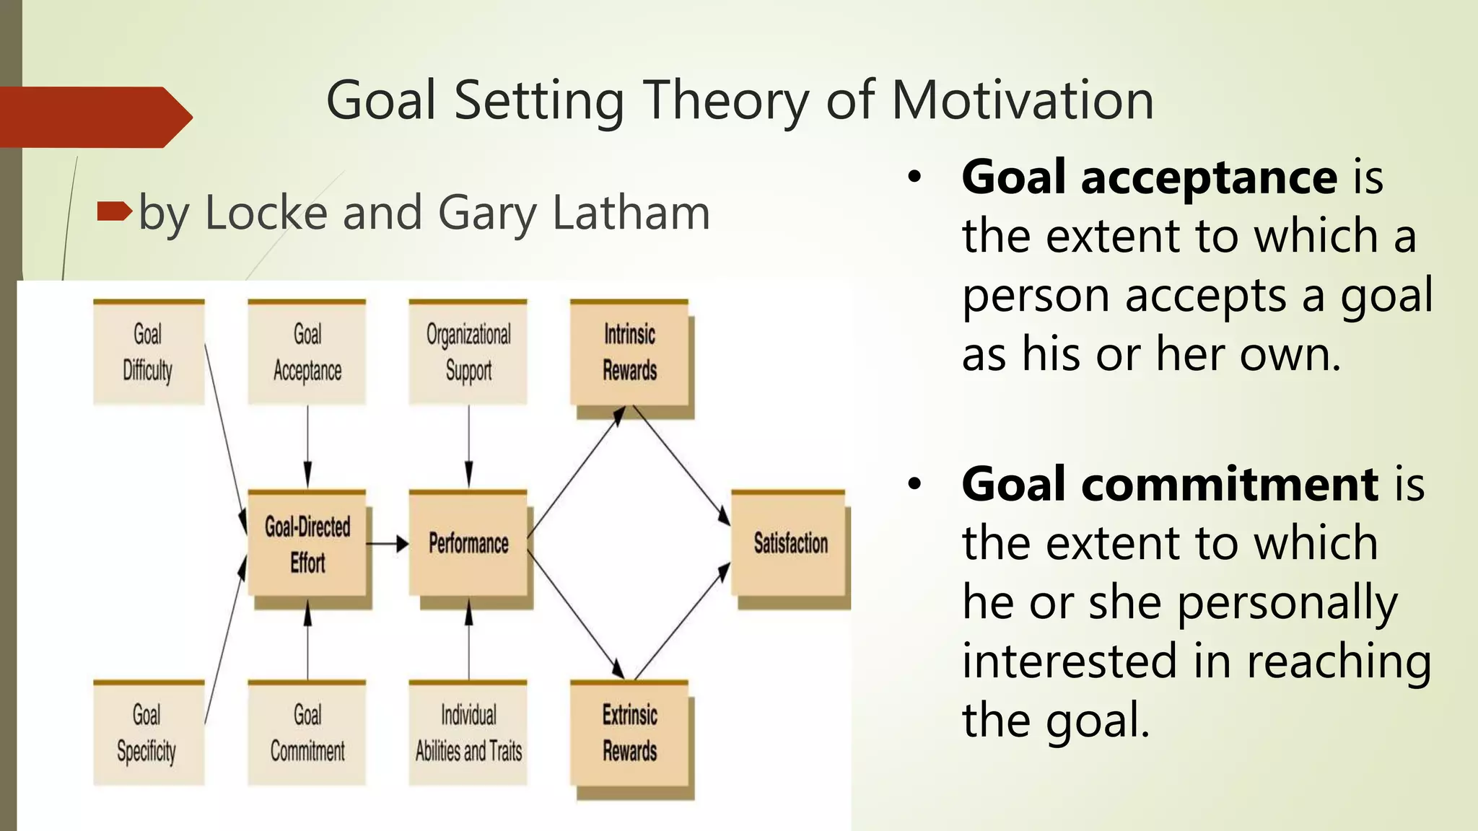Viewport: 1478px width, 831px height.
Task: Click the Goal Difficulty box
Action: point(149,352)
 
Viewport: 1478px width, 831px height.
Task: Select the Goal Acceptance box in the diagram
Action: point(307,352)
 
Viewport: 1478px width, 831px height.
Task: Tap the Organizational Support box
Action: point(468,352)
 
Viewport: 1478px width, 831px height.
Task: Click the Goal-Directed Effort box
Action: point(307,544)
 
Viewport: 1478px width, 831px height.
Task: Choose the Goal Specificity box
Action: point(148,732)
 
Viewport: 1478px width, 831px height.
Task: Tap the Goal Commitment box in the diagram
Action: point(307,732)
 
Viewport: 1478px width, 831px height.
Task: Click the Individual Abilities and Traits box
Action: point(468,732)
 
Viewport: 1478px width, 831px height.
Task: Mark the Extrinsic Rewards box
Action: point(629,732)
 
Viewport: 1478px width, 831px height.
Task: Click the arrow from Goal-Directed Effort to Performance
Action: point(388,544)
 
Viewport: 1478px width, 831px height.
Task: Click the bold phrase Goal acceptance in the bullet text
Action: point(1149,177)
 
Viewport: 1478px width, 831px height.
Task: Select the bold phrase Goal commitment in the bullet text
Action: point(1170,484)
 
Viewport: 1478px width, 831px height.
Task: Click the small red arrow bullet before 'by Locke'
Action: point(114,211)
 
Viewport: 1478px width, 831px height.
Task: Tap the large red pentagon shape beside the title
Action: point(94,117)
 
